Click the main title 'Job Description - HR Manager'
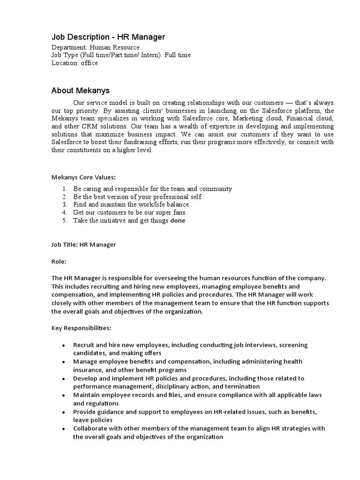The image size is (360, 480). (x=108, y=37)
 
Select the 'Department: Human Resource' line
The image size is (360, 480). (x=95, y=47)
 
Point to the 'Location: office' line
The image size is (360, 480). (x=75, y=63)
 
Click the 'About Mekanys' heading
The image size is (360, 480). (x=80, y=90)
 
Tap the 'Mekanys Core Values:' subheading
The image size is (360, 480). (x=83, y=177)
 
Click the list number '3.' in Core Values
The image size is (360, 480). (x=65, y=205)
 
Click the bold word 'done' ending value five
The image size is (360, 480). (x=178, y=221)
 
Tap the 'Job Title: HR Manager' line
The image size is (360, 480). (x=83, y=245)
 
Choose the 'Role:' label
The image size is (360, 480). (x=59, y=261)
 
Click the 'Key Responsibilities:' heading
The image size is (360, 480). (x=81, y=328)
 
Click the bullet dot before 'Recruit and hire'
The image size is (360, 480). (x=63, y=345)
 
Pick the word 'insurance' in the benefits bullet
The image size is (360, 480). (x=87, y=370)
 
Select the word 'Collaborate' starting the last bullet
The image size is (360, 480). (x=90, y=428)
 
